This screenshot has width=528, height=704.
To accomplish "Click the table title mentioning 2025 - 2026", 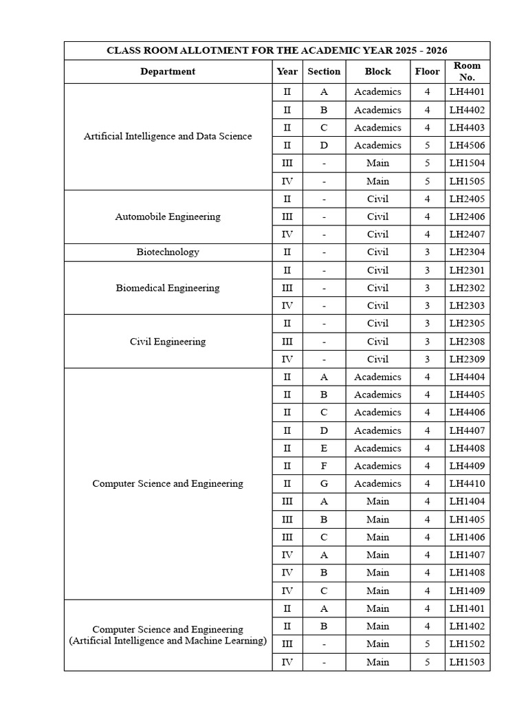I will point(277,51).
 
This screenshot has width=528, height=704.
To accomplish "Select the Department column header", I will point(168,71).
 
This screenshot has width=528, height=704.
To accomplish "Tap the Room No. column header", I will point(467,71).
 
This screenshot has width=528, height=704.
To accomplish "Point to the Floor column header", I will point(427,71).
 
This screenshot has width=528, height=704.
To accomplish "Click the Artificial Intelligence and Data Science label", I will point(168,136).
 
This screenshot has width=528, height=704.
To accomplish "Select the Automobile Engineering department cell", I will point(168,217).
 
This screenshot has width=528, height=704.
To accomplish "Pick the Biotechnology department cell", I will point(168,252).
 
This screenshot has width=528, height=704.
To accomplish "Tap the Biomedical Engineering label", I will point(168,288).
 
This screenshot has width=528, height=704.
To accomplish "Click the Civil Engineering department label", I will point(168,342).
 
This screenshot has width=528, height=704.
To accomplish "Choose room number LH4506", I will point(467,146).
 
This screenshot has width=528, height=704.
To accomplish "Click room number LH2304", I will point(467,252).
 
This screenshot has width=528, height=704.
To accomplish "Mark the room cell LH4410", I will point(467,484).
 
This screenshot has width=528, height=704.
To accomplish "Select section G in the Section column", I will point(324,484).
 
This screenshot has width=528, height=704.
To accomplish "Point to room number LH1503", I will point(467,663).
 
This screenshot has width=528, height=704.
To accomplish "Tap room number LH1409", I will point(467,591).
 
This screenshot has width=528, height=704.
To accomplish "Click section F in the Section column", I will point(324,466).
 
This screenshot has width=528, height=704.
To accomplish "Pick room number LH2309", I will point(467,360).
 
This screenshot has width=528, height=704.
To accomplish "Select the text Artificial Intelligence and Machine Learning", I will point(168,641).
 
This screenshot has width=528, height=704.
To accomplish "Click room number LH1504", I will point(467,164).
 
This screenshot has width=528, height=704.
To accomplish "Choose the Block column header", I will point(377,71).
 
